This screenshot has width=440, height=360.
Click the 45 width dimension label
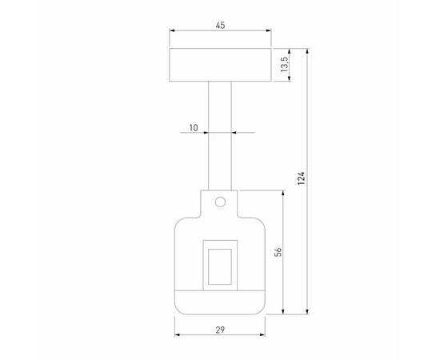[x=220, y=26]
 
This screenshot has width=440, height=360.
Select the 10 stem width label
[x=194, y=126]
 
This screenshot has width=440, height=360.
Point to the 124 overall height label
[x=301, y=180]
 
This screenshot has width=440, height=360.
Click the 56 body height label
[x=277, y=252]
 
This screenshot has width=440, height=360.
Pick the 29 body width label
[x=220, y=328]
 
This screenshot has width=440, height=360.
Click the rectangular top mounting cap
[x=220, y=65]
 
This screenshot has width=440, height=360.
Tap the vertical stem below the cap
[x=220, y=136]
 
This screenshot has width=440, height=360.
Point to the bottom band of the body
[x=220, y=301]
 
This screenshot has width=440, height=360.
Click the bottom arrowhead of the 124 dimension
[x=308, y=311]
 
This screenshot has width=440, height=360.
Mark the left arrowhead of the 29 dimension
[x=177, y=335]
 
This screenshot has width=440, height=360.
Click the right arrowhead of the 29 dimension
[x=263, y=335]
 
